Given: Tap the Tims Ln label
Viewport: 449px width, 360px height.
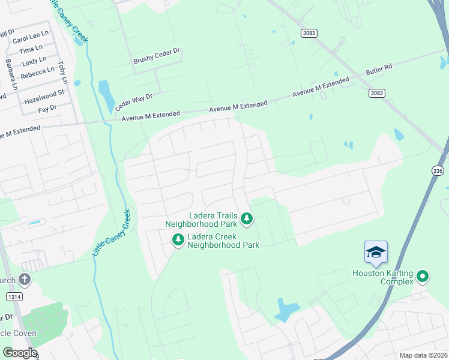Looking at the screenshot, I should [x=31, y=49].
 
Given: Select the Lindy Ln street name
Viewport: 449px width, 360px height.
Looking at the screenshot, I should [x=34, y=61].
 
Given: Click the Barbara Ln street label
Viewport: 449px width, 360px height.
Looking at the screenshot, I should [x=10, y=74].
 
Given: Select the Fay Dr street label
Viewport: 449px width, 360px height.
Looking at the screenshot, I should [x=47, y=109].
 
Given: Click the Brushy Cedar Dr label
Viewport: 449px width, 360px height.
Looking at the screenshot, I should [x=157, y=58].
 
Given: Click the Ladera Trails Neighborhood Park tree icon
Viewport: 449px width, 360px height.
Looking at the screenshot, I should [x=246, y=220].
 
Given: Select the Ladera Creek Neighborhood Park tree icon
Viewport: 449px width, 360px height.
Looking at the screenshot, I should [x=178, y=240].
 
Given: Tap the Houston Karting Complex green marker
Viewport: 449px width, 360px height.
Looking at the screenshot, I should [x=423, y=277].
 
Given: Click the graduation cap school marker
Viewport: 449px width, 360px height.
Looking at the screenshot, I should [x=376, y=253].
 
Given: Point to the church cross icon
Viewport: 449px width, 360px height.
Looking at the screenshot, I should [x=24, y=279].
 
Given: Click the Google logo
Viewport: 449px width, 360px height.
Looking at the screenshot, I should [x=19, y=353].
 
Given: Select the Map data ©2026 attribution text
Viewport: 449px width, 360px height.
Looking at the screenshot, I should [x=423, y=355].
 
